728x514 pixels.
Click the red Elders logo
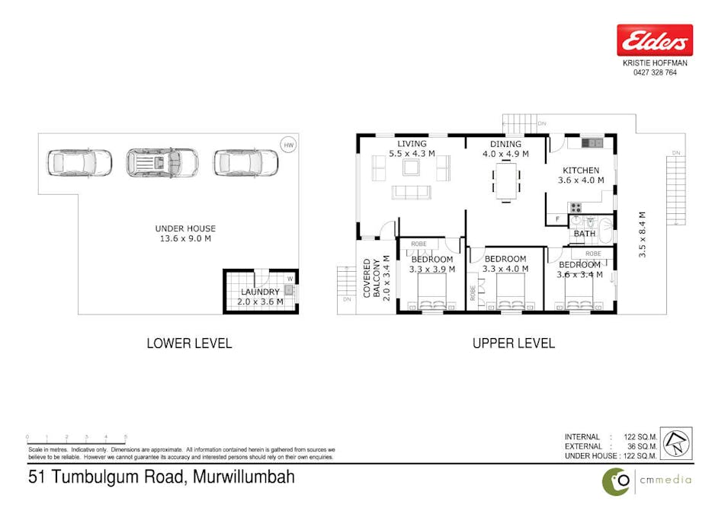pos(655,40)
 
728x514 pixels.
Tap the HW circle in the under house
pos(287,145)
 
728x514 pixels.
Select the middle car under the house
pos(162,161)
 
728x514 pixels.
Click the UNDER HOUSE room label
pos(185,228)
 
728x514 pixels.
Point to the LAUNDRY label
pos(261,292)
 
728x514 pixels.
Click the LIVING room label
pos(412,144)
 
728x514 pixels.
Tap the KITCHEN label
pos(581,171)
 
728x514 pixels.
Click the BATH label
pos(585,234)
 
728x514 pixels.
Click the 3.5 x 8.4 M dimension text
pos(643,235)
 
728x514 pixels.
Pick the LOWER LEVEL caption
pos(189,343)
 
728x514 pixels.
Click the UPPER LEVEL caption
pos(514,343)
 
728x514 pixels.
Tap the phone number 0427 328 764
pos(655,73)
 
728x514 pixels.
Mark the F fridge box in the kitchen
pos(558,220)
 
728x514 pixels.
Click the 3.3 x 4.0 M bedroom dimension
pos(505,269)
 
